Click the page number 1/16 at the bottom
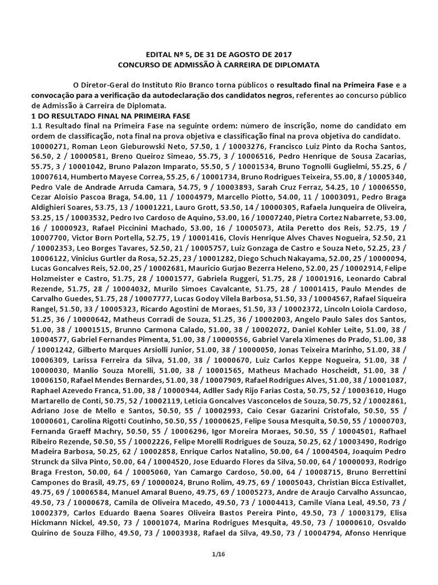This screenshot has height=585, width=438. (218, 554)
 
